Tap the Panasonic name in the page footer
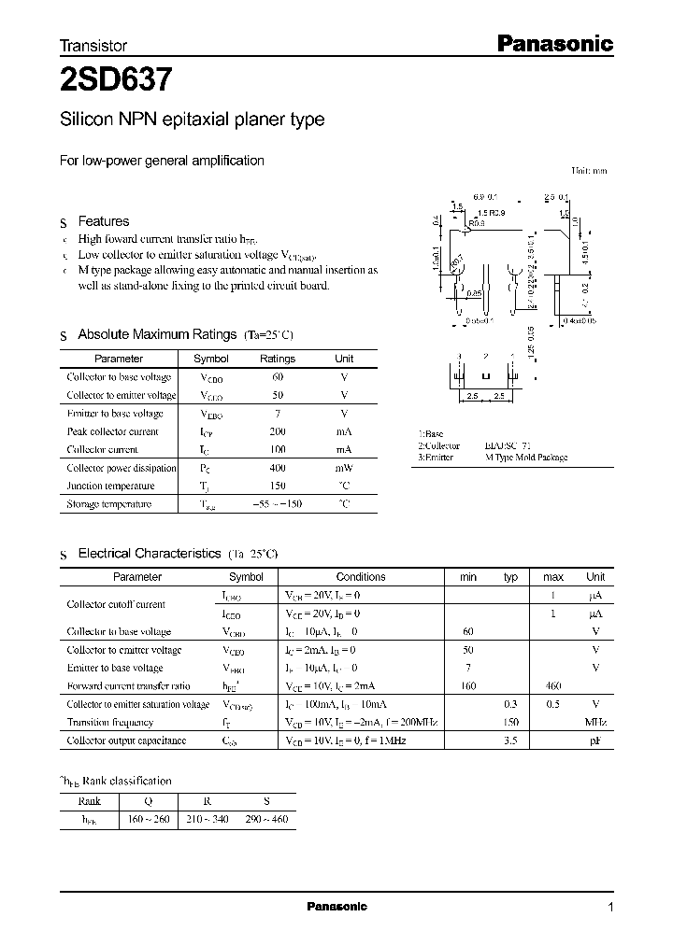[336, 907]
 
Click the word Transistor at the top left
[93, 45]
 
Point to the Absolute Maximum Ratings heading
[157, 334]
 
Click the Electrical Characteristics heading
[149, 554]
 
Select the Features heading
[103, 221]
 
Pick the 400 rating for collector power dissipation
[278, 468]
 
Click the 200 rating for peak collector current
[278, 431]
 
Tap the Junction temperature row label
[108, 486]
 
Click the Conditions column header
[361, 577]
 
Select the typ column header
[510, 577]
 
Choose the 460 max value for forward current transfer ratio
[553, 686]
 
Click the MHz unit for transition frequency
[595, 723]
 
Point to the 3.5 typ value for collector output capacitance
[510, 740]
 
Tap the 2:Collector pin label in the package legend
[439, 446]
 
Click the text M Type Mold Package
[526, 458]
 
